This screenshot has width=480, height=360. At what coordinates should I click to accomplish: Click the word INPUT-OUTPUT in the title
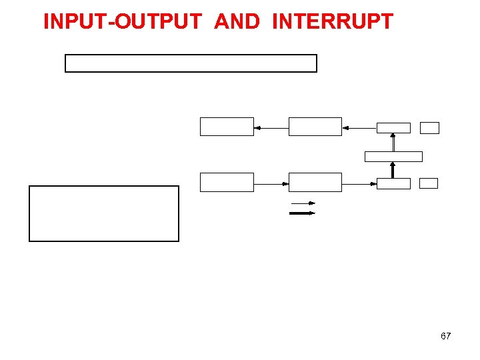coord(122,21)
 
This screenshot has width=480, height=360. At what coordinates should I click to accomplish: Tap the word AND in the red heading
coord(237,21)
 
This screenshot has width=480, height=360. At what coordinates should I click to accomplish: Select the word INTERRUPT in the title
coord(333,21)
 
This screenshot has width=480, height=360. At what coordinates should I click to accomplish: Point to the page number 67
coord(445,336)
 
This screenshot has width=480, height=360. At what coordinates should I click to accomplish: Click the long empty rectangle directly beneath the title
coord(191,63)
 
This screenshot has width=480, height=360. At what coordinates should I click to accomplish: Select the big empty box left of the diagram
coord(104,213)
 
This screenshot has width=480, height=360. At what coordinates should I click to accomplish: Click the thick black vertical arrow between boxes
coord(393,170)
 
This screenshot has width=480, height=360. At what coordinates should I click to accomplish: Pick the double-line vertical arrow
coord(393,142)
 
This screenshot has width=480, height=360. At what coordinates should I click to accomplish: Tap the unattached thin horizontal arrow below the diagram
coord(302,203)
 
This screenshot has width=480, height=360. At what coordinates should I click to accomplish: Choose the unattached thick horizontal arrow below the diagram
coord(301,213)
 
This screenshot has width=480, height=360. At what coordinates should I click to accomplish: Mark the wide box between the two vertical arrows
coord(393,157)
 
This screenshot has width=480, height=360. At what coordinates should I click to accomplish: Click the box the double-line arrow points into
coord(393,128)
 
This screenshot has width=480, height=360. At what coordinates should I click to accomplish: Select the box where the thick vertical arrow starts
coord(393,183)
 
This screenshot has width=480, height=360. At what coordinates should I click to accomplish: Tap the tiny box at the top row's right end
coord(430,128)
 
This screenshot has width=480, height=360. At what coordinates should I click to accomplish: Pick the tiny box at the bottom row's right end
coord(429,183)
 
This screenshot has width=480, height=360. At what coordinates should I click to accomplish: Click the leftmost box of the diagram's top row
coord(227,127)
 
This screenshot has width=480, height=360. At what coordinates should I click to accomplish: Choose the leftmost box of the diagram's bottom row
coord(227,182)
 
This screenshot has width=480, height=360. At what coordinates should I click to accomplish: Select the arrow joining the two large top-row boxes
coord(271,127)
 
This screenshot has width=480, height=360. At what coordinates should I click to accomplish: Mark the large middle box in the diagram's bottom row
coord(315,182)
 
